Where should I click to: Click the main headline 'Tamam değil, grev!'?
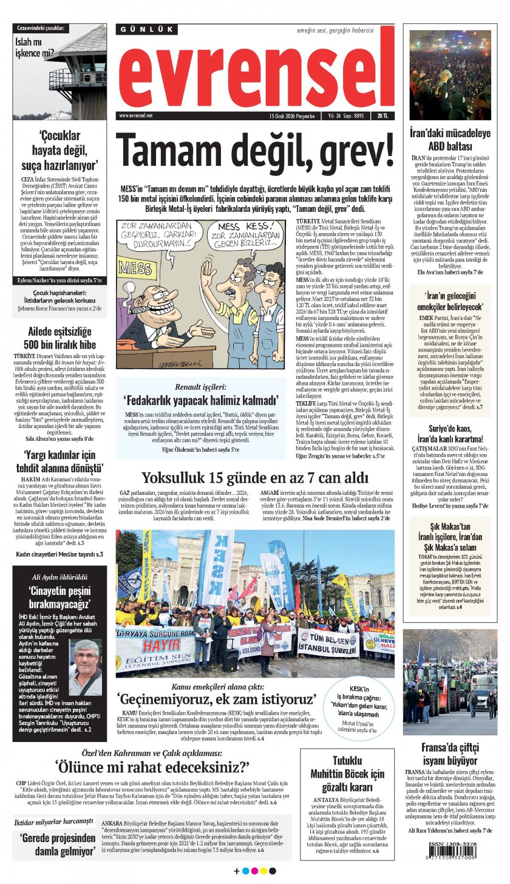(255, 149)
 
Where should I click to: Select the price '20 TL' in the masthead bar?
(383, 115)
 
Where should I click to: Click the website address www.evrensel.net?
(136, 115)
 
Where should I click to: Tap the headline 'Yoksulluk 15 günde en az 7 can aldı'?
(255, 478)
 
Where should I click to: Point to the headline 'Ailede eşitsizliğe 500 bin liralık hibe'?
(59, 338)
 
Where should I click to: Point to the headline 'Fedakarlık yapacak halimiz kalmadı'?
(200, 399)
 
